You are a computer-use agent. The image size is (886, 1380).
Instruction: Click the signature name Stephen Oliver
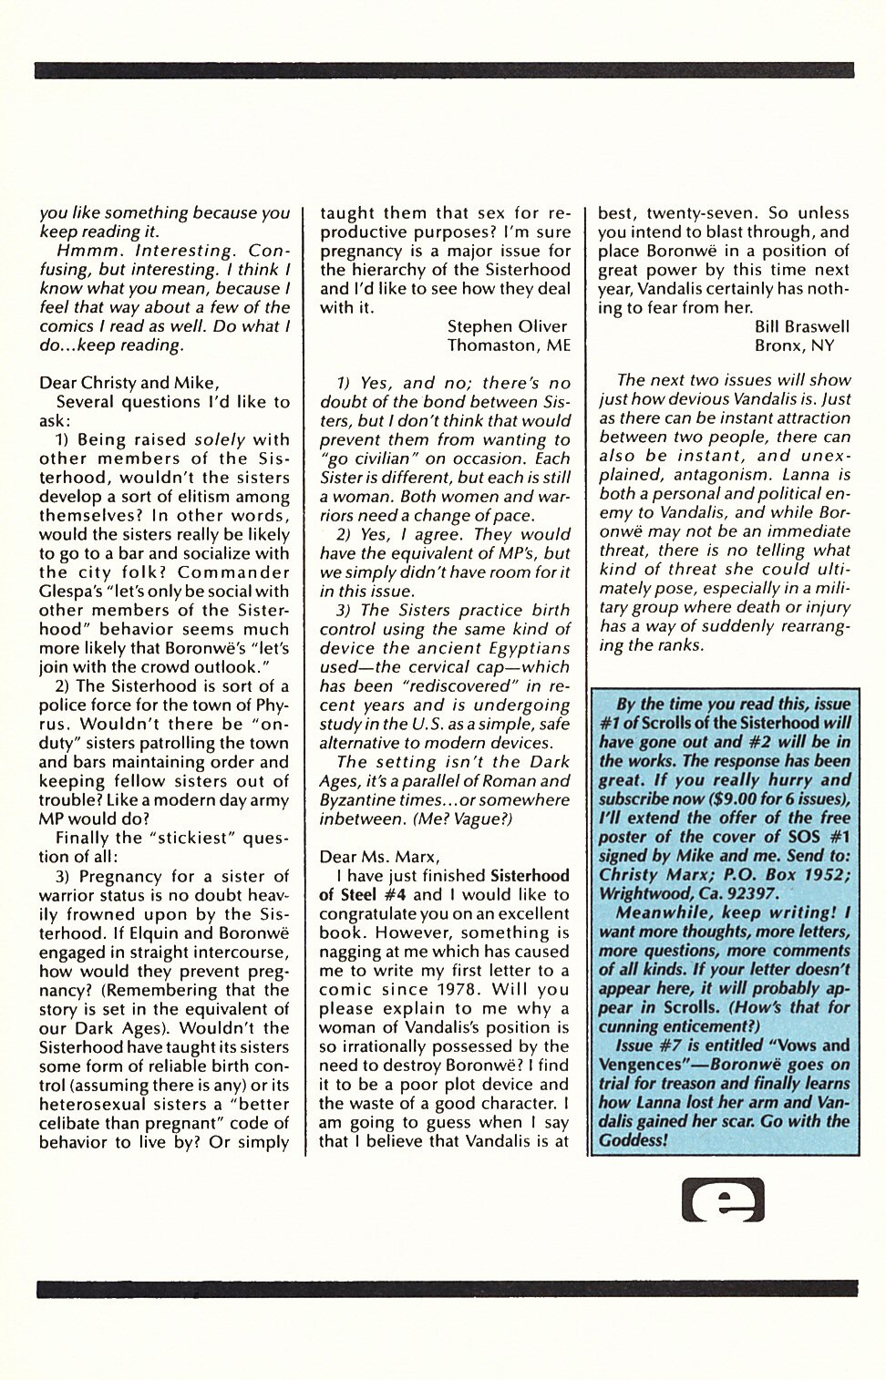507,326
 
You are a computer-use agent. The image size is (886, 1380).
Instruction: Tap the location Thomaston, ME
509,345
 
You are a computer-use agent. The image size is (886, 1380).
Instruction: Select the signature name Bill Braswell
801,326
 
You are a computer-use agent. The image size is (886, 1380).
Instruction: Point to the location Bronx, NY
794,345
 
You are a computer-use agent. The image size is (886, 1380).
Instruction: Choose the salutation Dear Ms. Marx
379,857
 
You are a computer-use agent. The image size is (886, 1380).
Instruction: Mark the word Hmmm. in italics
86,251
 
